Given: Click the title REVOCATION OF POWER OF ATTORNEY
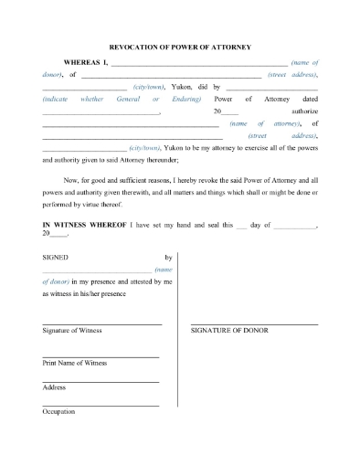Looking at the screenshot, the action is coord(180,47).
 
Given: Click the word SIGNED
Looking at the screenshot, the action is coord(56,259).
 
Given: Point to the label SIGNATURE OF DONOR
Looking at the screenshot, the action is coord(229,330).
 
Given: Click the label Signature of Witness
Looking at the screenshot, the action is coord(72,330).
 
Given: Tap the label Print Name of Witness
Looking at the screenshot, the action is coord(74,363).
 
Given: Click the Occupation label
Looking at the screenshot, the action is coord(58,411).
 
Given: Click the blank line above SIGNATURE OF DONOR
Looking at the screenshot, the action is coord(254,323).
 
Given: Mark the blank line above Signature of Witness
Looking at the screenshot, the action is coord(101,323).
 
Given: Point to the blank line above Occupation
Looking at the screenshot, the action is coord(101,405).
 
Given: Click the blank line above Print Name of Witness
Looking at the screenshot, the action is coord(101,356).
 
